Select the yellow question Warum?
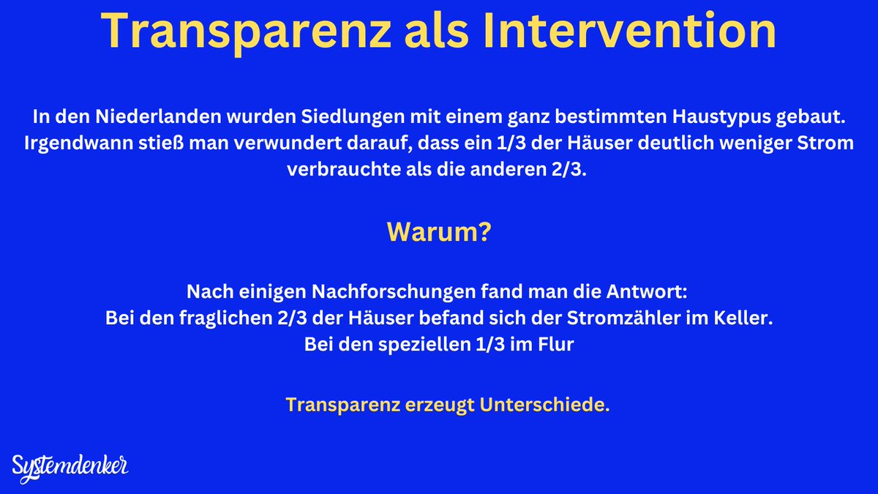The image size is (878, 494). point(438,232)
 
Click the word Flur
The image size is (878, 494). point(555,345)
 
